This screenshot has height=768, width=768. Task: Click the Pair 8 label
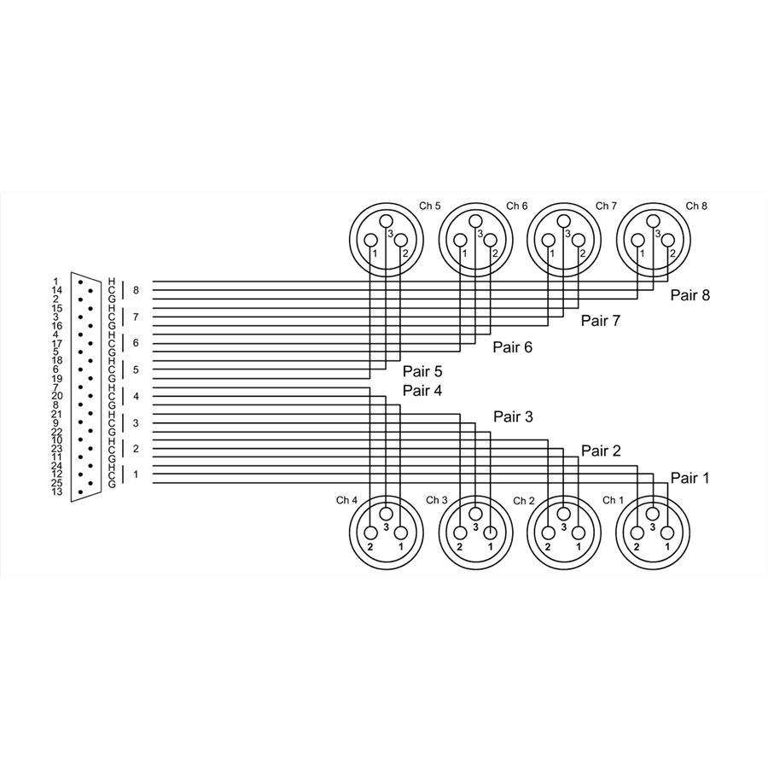689,295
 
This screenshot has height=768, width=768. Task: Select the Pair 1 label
689,478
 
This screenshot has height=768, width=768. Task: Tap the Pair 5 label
422,371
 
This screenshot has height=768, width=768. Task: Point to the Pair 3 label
513,416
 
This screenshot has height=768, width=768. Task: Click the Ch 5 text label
429,206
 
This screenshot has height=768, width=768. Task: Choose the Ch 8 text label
696,206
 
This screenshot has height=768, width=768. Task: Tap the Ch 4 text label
346,500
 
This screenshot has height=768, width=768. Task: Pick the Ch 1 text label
613,500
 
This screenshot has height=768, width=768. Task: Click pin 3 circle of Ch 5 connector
386,221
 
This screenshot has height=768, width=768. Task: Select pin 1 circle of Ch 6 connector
460,241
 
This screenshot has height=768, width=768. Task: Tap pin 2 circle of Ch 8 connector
667,240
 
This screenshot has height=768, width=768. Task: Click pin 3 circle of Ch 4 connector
387,514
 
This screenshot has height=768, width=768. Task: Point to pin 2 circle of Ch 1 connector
637,532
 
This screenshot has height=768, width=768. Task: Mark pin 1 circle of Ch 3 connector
490,532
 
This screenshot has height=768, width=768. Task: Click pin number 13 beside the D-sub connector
57,492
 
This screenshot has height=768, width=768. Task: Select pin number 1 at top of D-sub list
55,282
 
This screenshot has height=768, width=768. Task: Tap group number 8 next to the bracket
137,290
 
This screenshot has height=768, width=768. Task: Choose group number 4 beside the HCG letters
137,396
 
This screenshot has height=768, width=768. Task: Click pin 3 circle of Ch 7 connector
564,221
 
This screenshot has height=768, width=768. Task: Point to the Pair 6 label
512,346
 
